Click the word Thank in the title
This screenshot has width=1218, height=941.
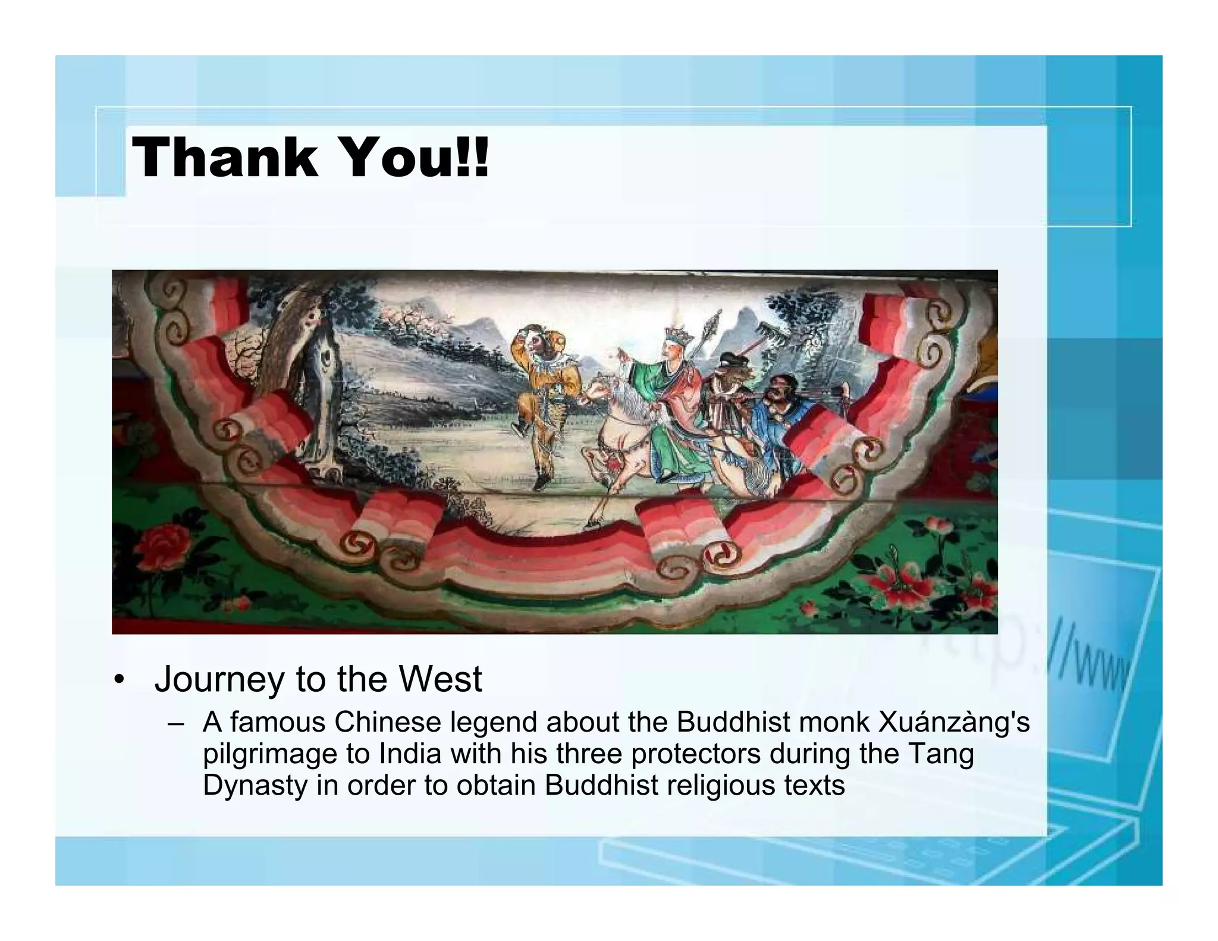(225, 158)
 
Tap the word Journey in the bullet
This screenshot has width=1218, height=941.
(218, 679)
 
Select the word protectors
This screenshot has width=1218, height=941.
(695, 754)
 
